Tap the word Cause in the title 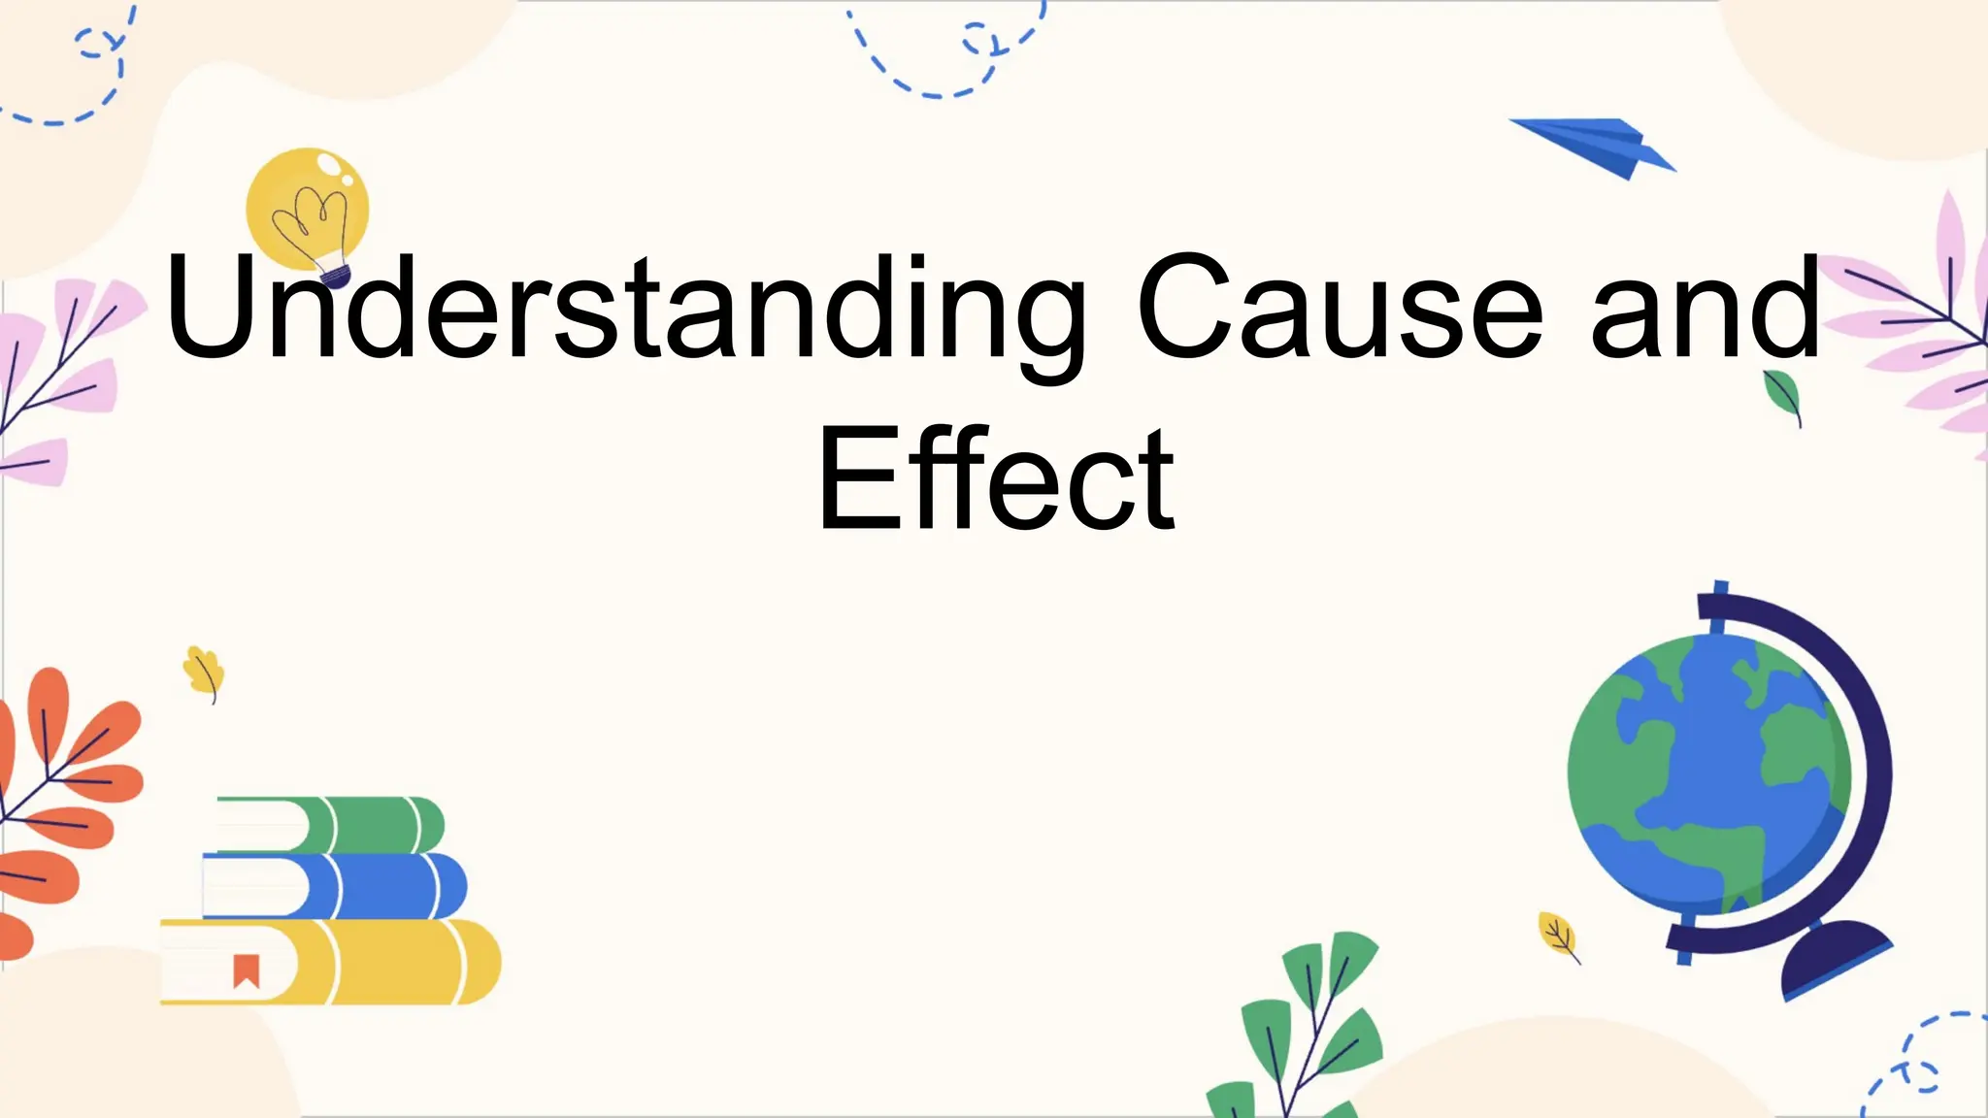pyautogui.click(x=1340, y=309)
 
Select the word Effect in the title pyautogui.click(x=996, y=479)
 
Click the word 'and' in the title pyautogui.click(x=1705, y=309)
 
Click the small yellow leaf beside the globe pyautogui.click(x=1557, y=935)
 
